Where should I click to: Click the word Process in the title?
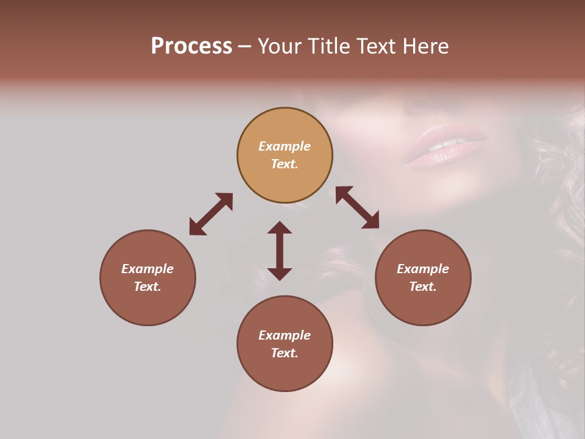[x=191, y=46]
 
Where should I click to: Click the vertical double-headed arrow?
[x=280, y=251]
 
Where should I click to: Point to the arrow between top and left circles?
[x=211, y=214]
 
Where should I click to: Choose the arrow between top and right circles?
[x=357, y=207]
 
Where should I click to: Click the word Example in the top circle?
[x=285, y=146]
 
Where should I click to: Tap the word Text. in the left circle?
[x=147, y=287]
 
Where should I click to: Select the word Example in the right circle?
[x=423, y=269]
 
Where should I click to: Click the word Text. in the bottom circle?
[x=285, y=353]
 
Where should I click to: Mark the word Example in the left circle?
[x=147, y=269]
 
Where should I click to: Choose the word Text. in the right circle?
[x=423, y=287]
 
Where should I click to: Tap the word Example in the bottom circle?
[x=285, y=335]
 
